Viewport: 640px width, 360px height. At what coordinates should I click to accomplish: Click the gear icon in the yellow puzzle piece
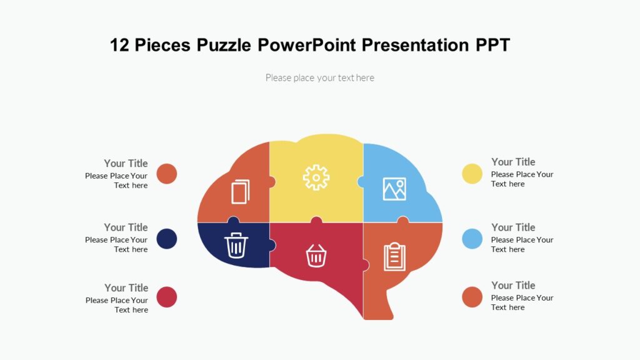pos(316,177)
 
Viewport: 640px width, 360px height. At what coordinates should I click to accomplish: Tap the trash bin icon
pos(236,244)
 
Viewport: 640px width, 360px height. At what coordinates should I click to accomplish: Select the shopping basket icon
pos(316,255)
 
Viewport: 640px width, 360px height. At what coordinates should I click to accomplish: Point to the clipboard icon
pos(394,257)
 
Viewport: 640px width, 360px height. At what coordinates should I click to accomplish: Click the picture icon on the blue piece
pos(394,189)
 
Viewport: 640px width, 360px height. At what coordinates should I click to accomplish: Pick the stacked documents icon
pos(241,191)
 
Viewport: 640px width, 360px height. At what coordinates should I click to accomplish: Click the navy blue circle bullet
pos(166,239)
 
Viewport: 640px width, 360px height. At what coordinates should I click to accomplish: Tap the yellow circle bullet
pos(472,174)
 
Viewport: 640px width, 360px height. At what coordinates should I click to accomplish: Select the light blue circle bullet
pos(472,238)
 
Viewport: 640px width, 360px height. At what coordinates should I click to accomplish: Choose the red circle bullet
pos(166,297)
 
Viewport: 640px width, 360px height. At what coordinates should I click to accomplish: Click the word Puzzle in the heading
pos(223,46)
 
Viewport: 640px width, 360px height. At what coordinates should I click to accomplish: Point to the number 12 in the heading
pos(119,46)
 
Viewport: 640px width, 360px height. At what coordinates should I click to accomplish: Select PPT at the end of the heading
pos(492,46)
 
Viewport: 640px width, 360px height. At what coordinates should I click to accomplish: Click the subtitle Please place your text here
pos(320,78)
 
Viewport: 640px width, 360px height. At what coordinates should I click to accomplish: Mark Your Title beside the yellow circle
pos(513,162)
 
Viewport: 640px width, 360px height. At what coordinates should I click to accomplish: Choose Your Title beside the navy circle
pos(126,227)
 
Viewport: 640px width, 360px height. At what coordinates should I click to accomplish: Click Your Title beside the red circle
pos(126,288)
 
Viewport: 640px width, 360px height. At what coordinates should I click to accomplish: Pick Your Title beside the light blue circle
pos(513,227)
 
